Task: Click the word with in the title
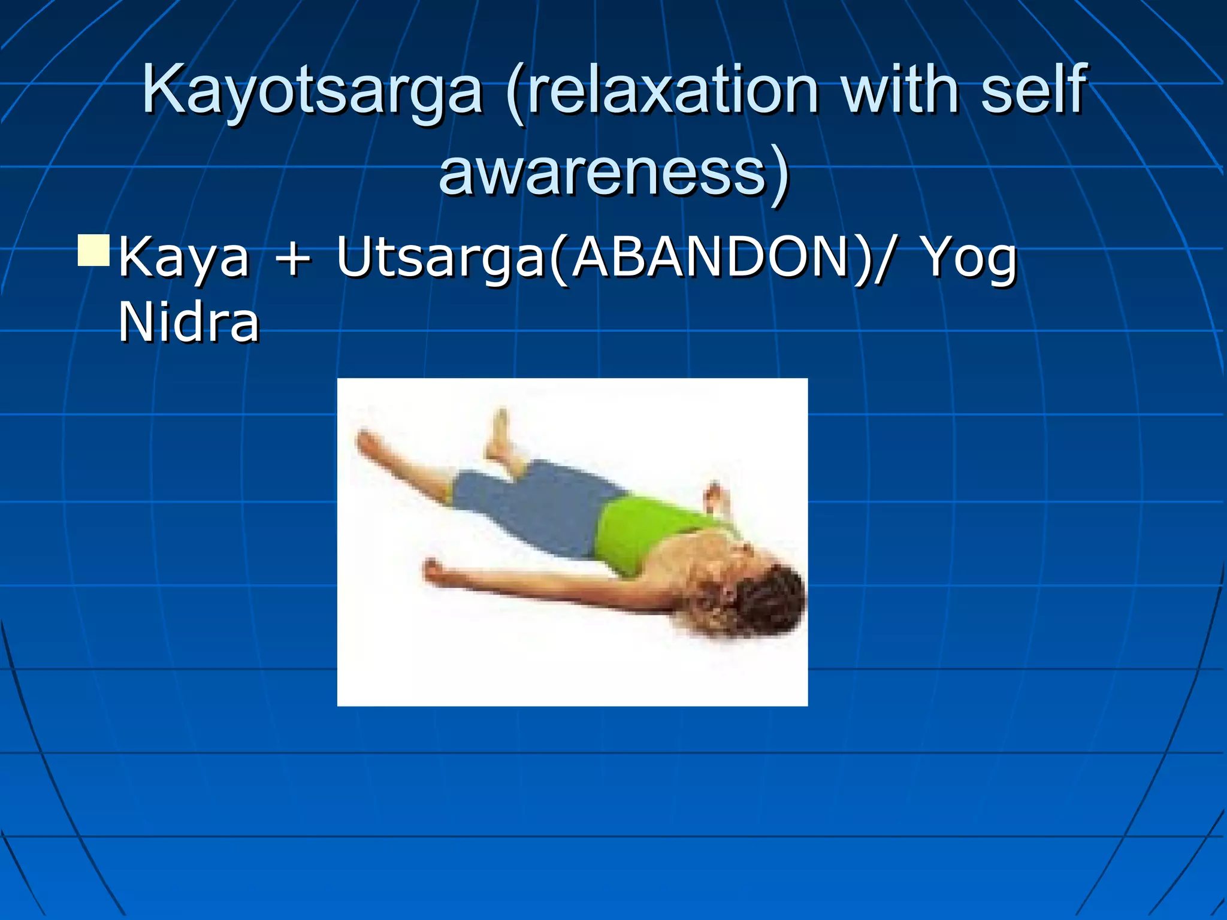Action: click(899, 90)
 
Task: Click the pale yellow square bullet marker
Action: click(94, 251)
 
